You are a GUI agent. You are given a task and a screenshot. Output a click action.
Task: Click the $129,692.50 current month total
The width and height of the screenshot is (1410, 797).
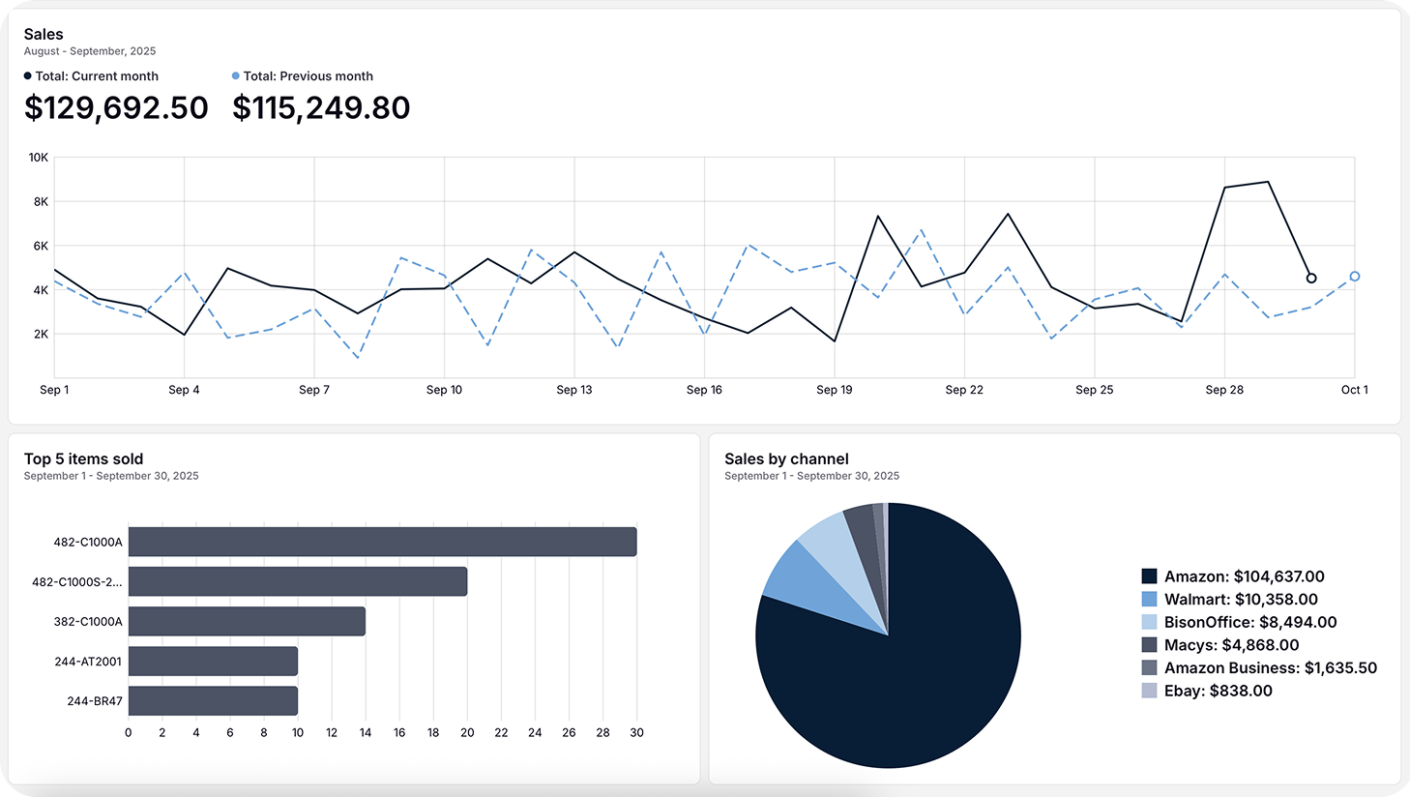click(116, 107)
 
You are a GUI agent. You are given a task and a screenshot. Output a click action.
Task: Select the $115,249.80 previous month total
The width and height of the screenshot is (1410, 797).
click(321, 107)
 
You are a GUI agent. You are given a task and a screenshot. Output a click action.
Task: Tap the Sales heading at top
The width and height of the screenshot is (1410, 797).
click(44, 34)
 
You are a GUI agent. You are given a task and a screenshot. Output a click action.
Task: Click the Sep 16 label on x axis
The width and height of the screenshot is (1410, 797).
click(704, 390)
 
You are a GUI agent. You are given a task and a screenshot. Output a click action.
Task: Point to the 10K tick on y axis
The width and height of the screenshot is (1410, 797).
click(39, 157)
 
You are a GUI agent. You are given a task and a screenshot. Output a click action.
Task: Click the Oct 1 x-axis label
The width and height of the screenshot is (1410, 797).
click(1354, 390)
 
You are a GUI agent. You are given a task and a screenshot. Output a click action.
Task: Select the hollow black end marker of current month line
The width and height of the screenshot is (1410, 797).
click(1311, 279)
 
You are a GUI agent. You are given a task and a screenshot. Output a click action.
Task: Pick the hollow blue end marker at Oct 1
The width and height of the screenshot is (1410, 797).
click(1355, 277)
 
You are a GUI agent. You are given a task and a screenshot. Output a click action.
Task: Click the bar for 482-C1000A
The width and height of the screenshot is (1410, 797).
click(382, 542)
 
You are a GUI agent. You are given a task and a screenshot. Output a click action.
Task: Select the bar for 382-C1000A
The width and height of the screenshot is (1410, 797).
click(247, 621)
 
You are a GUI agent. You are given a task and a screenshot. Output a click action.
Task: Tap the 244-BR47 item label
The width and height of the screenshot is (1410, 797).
click(95, 701)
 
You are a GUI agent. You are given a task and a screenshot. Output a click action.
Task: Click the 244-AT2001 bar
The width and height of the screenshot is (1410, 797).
click(213, 662)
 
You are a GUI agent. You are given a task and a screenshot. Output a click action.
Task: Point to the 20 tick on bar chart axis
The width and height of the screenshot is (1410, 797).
click(467, 733)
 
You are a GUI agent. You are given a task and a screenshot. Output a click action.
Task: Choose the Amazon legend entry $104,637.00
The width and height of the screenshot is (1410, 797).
click(1244, 576)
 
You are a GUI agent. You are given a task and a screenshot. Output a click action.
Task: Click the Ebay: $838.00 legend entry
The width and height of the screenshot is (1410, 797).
click(1218, 691)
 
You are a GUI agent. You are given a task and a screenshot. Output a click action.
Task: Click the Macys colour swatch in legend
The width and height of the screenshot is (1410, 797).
click(1149, 645)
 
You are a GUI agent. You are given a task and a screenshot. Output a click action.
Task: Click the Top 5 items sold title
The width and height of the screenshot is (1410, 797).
click(83, 459)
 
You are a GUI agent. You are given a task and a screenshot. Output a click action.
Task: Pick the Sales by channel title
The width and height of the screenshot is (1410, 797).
click(786, 459)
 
